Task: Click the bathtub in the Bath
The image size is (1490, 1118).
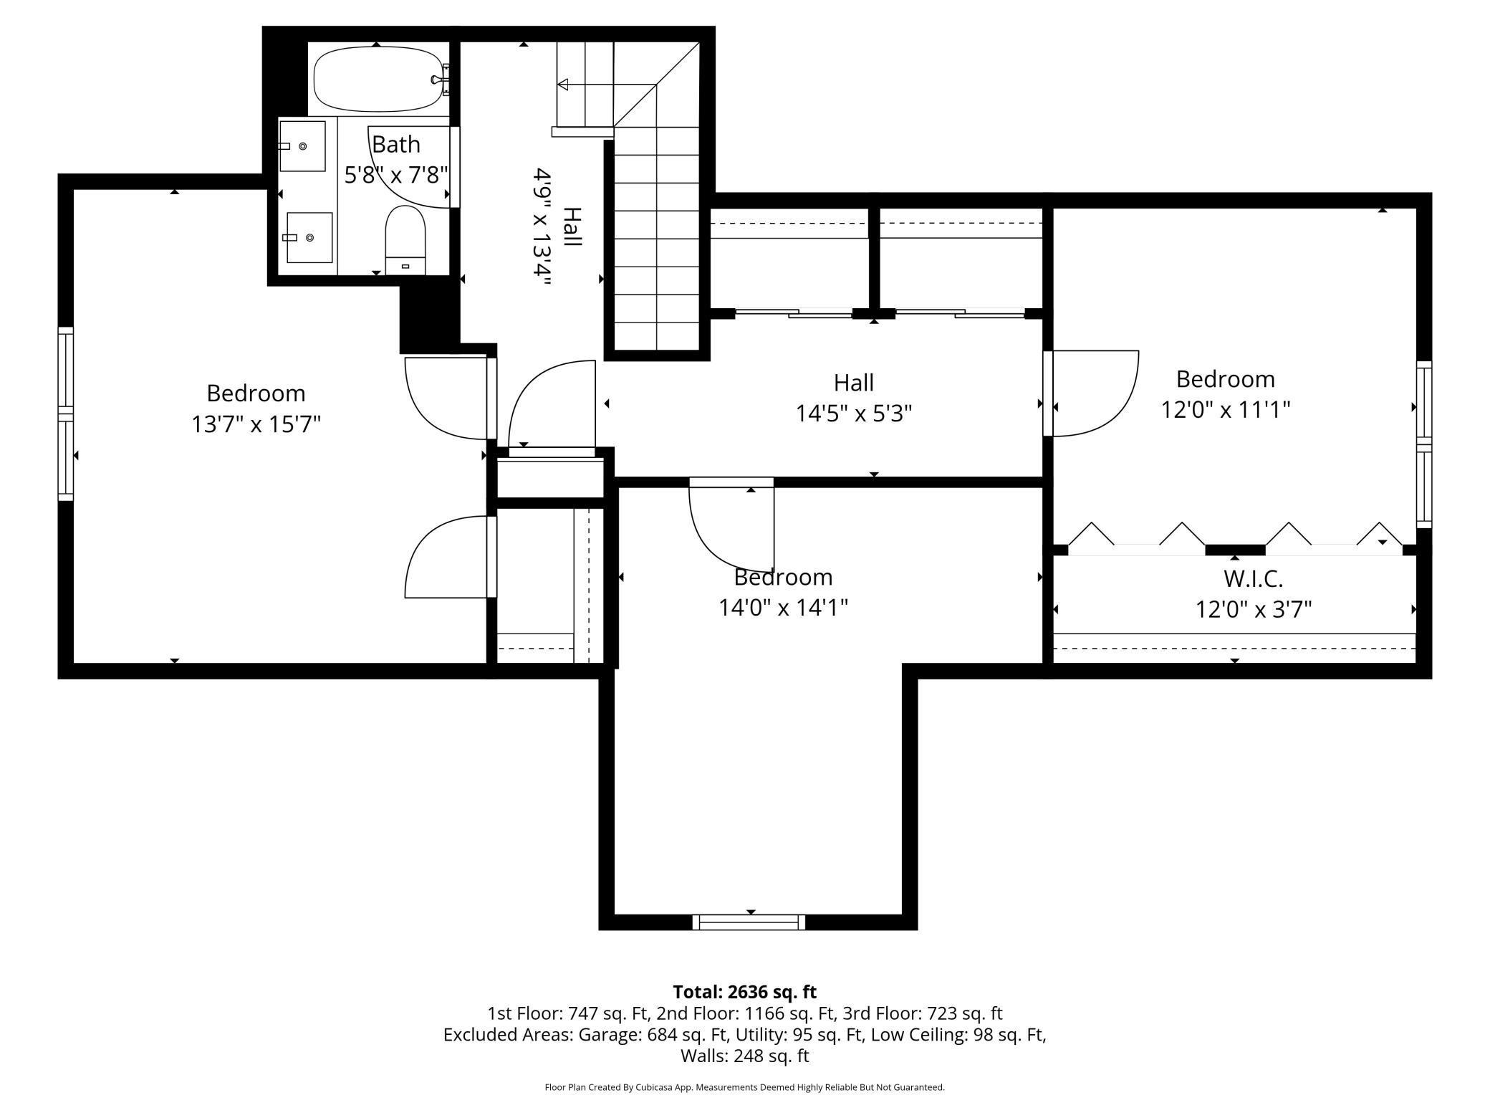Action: point(378,79)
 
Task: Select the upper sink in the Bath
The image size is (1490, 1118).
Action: point(302,146)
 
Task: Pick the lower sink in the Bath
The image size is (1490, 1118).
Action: point(309,237)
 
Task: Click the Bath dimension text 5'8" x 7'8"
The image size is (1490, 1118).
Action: point(396,175)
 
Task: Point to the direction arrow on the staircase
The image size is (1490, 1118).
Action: point(563,85)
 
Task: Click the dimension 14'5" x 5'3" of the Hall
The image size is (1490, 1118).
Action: point(853,414)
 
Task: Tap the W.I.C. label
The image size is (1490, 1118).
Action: point(1252,578)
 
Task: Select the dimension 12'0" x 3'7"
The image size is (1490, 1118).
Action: point(1253,610)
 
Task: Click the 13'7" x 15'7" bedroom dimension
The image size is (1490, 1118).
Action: point(256,424)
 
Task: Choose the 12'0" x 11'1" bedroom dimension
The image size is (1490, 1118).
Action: point(1225,410)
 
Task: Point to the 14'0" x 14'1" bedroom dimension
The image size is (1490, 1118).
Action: point(783,608)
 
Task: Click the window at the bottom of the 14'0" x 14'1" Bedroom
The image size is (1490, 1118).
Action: point(749,922)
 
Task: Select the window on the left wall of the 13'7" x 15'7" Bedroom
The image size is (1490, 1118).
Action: point(66,414)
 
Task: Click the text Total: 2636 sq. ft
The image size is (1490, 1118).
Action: point(744,992)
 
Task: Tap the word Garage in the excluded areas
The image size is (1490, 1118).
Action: point(609,1035)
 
